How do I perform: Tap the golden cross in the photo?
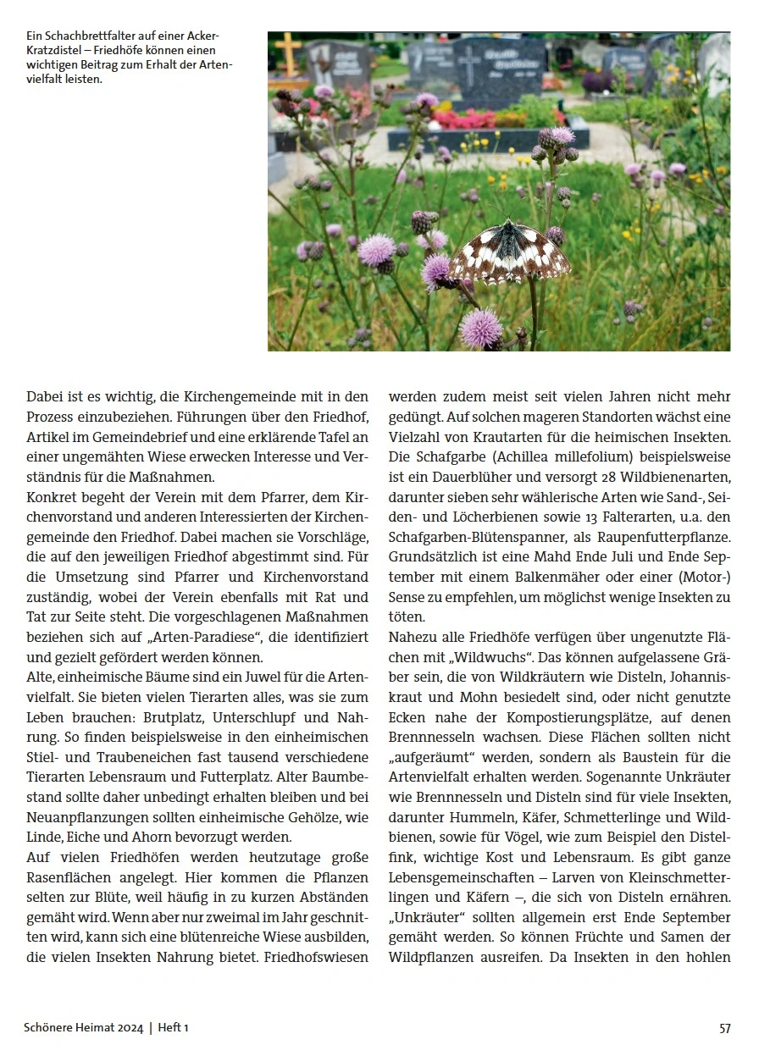288,55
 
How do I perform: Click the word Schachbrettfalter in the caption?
87,36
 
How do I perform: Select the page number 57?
724,1028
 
